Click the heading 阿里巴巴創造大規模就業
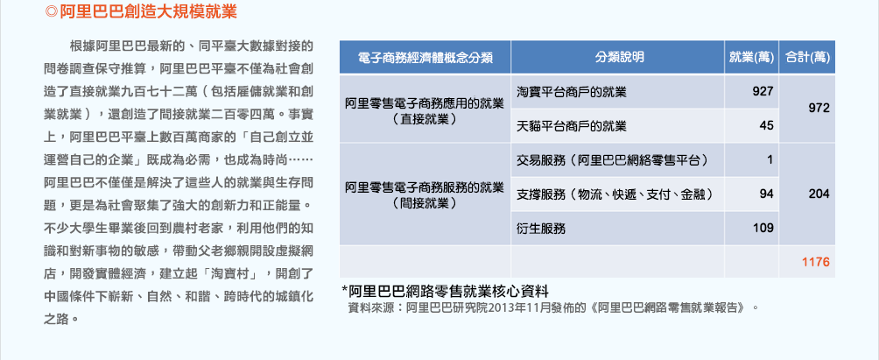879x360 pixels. [148, 11]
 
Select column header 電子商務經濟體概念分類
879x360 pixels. [425, 57]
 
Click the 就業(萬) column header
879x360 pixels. [751, 57]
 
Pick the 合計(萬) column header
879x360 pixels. [807, 57]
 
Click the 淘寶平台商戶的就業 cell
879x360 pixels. [572, 91]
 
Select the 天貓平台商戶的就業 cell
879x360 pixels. [572, 125]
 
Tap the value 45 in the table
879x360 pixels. [766, 125]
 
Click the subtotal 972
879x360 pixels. [819, 109]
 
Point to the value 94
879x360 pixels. [766, 194]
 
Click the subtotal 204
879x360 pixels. [819, 194]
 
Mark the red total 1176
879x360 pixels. [816, 263]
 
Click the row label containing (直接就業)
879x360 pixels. [425, 111]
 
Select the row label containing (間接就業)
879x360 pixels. [425, 194]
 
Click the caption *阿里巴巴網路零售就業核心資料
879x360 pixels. [445, 292]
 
